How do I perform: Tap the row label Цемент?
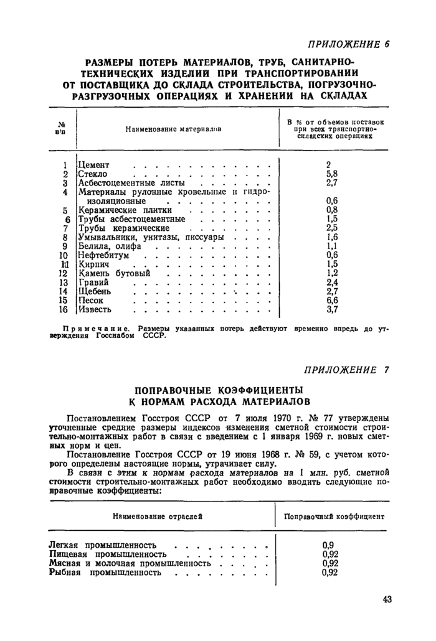click(x=94, y=166)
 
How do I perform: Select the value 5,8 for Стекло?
click(x=331, y=174)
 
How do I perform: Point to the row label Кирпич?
click(x=93, y=264)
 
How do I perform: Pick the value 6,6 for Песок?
click(x=331, y=300)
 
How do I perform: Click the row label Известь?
click(x=95, y=309)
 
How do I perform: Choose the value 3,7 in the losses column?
click(x=331, y=309)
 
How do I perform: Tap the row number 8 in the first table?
click(x=65, y=237)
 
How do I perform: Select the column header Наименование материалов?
click(x=174, y=129)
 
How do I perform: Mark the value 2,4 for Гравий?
click(x=331, y=282)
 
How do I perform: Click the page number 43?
click(x=386, y=599)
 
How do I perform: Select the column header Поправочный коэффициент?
click(x=334, y=517)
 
